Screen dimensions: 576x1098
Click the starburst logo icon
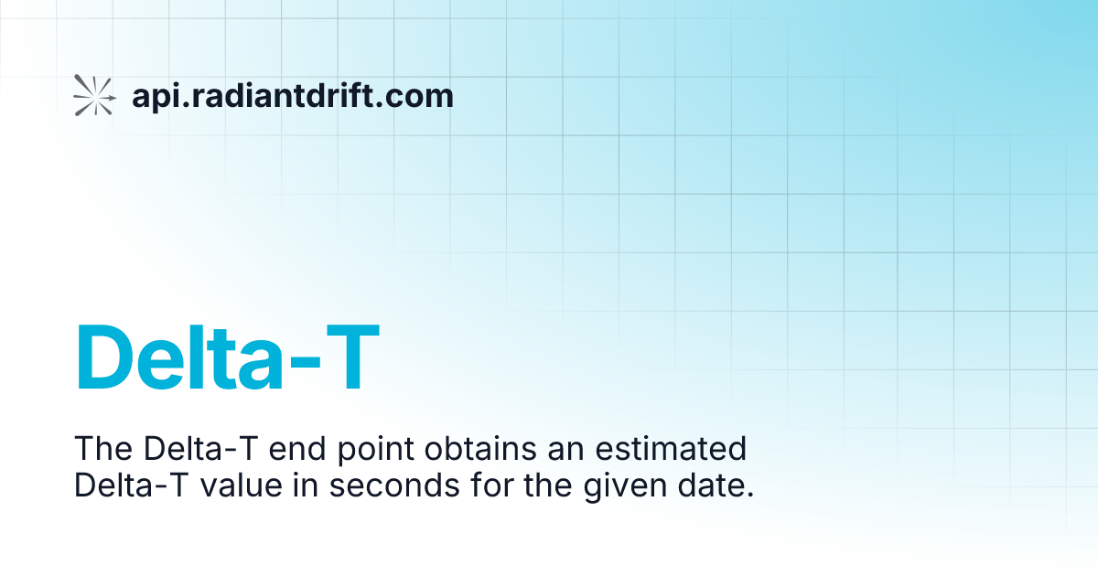94,95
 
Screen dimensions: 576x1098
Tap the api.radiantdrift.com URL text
293,95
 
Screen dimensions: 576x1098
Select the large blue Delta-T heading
227,359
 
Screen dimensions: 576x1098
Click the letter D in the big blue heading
108,359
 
